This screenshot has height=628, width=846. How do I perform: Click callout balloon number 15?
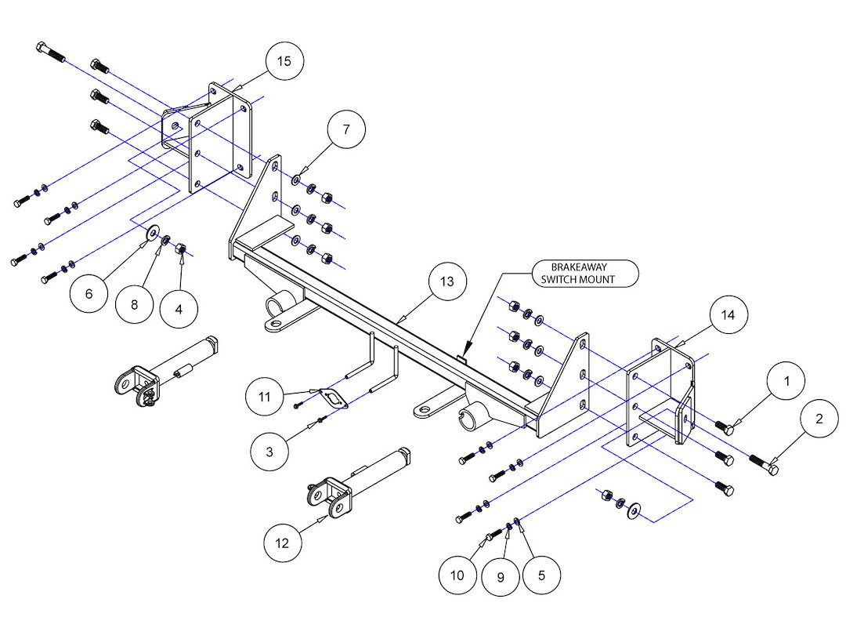pos(284,62)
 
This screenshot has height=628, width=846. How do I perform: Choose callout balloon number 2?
pos(819,419)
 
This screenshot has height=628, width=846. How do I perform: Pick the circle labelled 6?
pos(89,294)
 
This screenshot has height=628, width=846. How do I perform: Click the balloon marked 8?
pos(135,304)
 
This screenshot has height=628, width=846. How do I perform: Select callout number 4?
pos(179,309)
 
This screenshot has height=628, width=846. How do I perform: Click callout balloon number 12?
pos(283,541)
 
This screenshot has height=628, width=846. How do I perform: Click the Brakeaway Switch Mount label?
pos(584,273)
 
